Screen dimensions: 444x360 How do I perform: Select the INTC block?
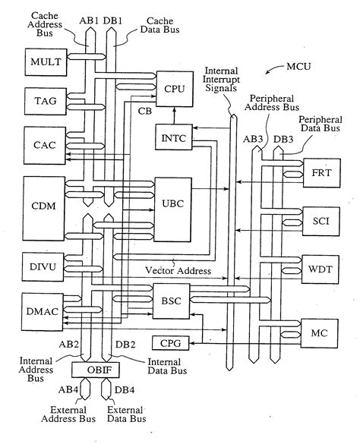172,139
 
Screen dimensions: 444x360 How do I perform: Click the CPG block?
169,344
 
